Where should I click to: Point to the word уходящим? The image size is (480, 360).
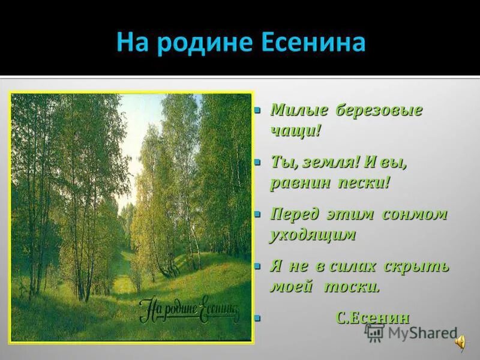[313, 235]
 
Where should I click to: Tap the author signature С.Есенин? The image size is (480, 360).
[373, 318]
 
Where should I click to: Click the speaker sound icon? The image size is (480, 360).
[461, 341]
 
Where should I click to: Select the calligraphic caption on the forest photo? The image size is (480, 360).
[189, 309]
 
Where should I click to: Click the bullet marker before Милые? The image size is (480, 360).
[257, 111]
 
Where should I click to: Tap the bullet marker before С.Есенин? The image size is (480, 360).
[257, 319]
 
